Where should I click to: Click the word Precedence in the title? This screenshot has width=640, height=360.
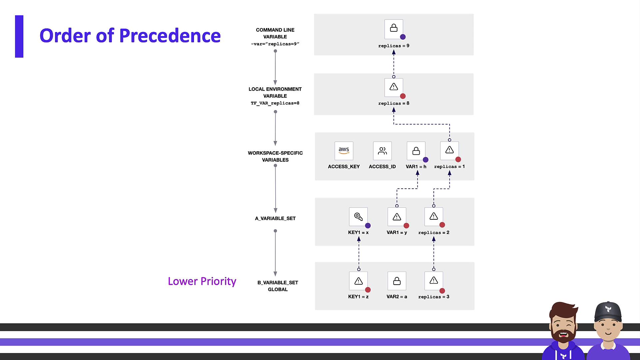[x=170, y=36]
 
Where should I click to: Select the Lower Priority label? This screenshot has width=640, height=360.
[x=202, y=281]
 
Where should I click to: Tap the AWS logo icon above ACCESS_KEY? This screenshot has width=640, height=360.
[x=344, y=151]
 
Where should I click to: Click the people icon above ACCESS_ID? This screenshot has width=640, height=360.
[x=382, y=151]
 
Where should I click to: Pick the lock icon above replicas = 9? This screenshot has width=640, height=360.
[x=394, y=29]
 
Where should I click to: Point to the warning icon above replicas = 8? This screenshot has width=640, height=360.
[x=394, y=87]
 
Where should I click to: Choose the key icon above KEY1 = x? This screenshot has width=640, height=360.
[x=358, y=217]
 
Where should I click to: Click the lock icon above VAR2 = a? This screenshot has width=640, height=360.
[x=397, y=281]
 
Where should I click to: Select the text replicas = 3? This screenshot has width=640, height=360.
[x=434, y=297]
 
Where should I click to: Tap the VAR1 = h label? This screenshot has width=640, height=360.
[x=416, y=167]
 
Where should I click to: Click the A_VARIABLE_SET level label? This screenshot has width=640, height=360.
[x=275, y=218]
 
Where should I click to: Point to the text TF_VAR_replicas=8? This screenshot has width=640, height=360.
[x=275, y=103]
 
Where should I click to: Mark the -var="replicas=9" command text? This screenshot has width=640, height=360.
[x=275, y=44]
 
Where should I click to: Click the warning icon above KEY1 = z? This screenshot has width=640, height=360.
[x=358, y=281]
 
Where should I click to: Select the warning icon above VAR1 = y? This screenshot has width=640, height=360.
[x=397, y=217]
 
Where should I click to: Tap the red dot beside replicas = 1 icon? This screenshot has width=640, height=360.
[x=458, y=160]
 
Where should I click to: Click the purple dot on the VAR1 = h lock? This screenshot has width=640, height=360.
[x=426, y=160]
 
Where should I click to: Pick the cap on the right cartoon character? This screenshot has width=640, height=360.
[x=608, y=311]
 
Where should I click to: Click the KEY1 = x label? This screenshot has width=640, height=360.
[x=358, y=232]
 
